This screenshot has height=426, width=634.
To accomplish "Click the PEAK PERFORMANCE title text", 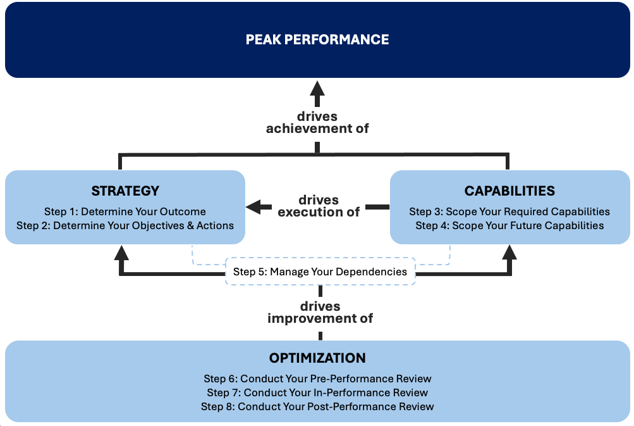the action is pyautogui.click(x=317, y=39).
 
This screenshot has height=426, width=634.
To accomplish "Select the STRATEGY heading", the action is pyautogui.click(x=125, y=191).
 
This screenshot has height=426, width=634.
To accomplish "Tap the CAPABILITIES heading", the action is pyautogui.click(x=509, y=191).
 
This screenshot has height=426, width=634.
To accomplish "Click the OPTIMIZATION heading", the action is pyautogui.click(x=317, y=358).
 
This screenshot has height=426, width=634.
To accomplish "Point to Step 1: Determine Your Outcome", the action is pyautogui.click(x=125, y=211).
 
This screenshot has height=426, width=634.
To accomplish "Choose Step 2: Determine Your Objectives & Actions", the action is pyautogui.click(x=125, y=225).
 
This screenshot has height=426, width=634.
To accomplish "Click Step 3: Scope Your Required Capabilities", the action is pyautogui.click(x=509, y=211).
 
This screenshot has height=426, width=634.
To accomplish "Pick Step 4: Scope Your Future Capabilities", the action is pyautogui.click(x=509, y=225).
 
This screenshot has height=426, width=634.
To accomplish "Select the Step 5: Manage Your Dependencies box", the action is pyautogui.click(x=320, y=272).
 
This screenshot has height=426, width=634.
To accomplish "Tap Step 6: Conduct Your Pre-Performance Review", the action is pyautogui.click(x=317, y=379).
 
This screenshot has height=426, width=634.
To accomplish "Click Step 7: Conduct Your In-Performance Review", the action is pyautogui.click(x=317, y=392).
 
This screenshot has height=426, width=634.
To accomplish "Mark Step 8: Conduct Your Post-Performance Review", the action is pyautogui.click(x=317, y=406).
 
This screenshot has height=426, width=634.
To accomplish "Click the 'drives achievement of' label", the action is pyautogui.click(x=317, y=122).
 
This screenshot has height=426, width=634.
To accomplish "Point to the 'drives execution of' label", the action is pyautogui.click(x=319, y=206).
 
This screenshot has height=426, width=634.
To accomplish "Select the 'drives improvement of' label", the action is pyautogui.click(x=320, y=312).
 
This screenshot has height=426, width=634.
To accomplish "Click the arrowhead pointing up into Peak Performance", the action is pyautogui.click(x=317, y=89).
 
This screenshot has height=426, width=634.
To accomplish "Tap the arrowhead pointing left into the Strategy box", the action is pyautogui.click(x=253, y=207).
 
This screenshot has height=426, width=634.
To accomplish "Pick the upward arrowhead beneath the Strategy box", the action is pyautogui.click(x=121, y=253).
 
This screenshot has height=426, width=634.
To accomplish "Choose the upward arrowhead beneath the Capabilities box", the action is pyautogui.click(x=509, y=253).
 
